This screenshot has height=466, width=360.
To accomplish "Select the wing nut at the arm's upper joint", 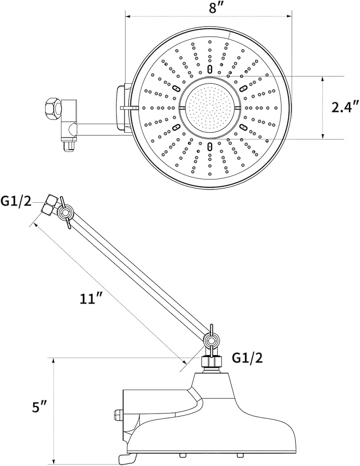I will [65, 213].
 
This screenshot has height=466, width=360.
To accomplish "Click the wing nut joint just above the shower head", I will [211, 341].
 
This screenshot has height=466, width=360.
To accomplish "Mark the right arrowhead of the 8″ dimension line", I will [290, 16].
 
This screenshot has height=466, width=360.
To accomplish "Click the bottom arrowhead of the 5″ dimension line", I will [54, 462].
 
